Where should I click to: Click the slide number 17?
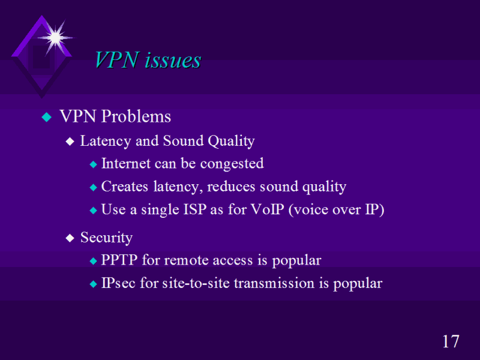pyautogui.click(x=451, y=341)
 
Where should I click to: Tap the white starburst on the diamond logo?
pyautogui.click(x=55, y=38)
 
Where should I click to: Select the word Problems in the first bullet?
pyautogui.click(x=136, y=116)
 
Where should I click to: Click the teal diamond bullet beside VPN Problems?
pyautogui.click(x=47, y=117)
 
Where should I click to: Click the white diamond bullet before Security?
pyautogui.click(x=70, y=238)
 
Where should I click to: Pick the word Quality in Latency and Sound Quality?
pyautogui.click(x=231, y=142)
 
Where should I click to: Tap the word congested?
pyautogui.click(x=232, y=164)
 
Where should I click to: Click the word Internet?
pyautogui.click(x=126, y=163)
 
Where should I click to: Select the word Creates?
pyautogui.click(x=125, y=187)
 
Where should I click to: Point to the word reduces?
pyautogui.click(x=231, y=187)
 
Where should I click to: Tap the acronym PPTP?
pyautogui.click(x=119, y=260)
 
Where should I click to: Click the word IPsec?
pyautogui.click(x=118, y=283)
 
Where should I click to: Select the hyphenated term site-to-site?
pyautogui.click(x=196, y=283)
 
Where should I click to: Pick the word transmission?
pyautogui.click(x=274, y=283)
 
